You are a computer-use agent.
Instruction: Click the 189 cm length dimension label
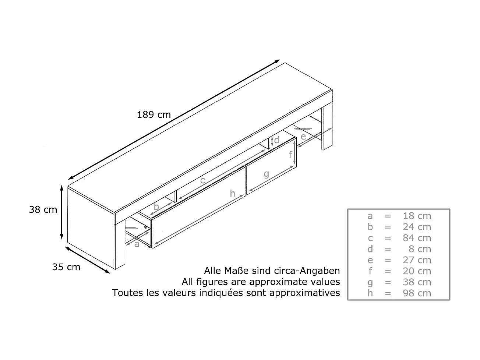154,114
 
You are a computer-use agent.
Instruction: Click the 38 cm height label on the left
43,209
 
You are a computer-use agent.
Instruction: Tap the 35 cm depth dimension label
66,267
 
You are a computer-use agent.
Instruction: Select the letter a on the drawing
137,244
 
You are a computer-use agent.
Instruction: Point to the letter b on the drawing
156,207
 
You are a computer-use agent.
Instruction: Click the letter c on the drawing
203,181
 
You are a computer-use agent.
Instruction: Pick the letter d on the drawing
277,140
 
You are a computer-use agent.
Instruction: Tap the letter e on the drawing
303,137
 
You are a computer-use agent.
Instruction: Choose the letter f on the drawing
290,155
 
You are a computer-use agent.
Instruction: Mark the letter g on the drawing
267,174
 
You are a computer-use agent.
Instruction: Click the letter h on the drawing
233,194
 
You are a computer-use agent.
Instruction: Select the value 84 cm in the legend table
417,238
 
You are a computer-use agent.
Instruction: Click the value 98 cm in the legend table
417,293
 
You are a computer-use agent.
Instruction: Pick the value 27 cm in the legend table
417,260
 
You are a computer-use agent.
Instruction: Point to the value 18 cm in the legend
417,216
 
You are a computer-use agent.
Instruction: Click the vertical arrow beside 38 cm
62,212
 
